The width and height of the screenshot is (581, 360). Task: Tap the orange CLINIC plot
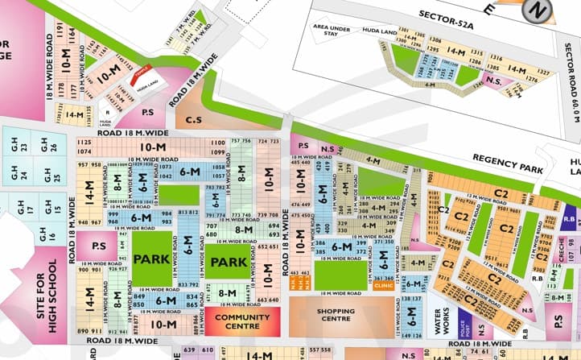point(383,284)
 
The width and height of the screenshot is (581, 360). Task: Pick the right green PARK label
point(229,263)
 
